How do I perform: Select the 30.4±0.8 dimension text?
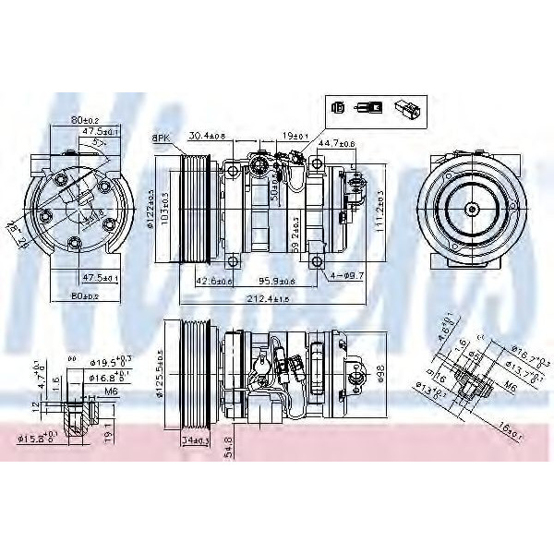209,137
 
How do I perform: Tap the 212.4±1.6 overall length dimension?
269,298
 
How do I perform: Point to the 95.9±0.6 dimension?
276,282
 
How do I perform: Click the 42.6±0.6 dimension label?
213,282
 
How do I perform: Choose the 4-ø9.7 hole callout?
347,276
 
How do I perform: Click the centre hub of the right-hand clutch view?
472,209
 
